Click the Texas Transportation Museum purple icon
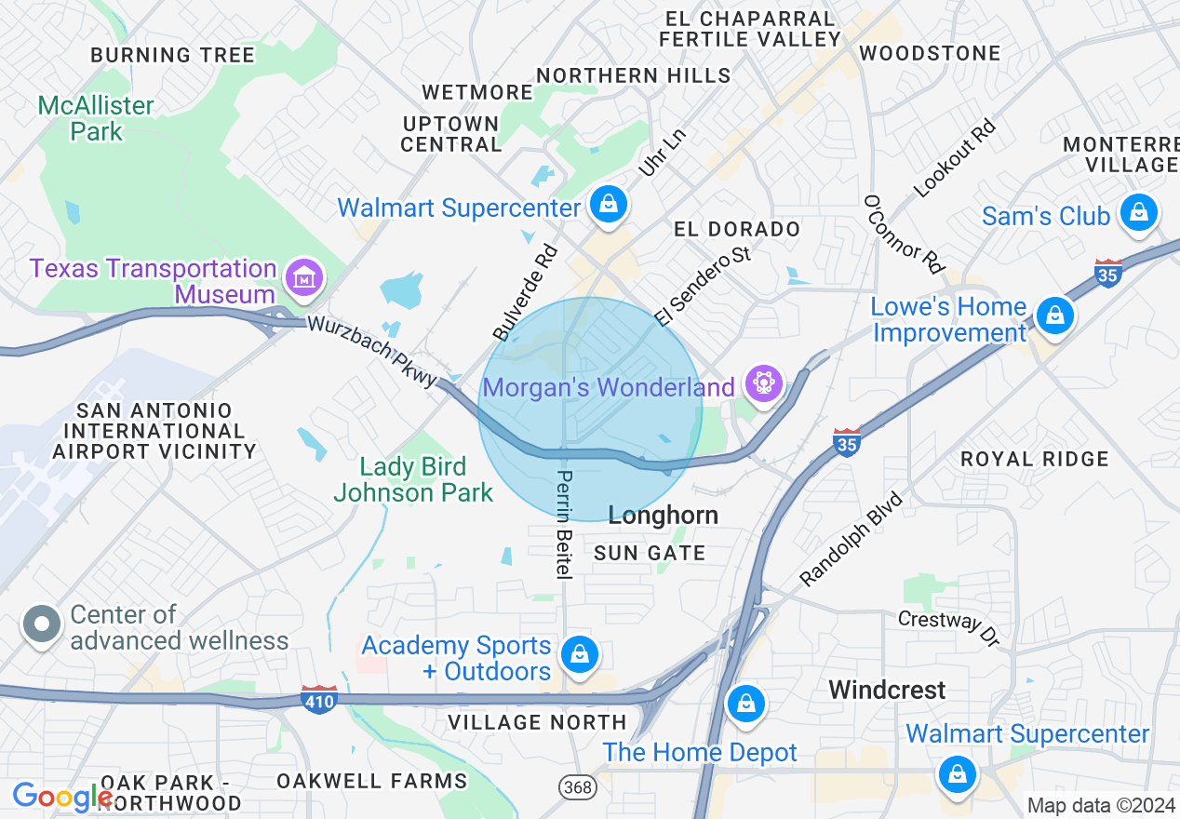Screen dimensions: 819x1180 tap(304, 276)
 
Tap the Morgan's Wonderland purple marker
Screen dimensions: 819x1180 tap(763, 383)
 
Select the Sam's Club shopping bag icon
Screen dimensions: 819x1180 tap(1137, 213)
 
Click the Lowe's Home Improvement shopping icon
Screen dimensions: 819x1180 tap(1054, 316)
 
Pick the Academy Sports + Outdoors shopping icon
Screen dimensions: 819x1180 tap(580, 653)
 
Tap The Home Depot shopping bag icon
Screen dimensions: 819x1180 tap(746, 704)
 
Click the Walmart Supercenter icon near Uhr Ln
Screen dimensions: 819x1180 tap(609, 203)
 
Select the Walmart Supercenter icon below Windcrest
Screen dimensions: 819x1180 tap(957, 772)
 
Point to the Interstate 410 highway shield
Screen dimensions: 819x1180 tap(318, 700)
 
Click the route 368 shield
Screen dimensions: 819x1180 tap(577, 787)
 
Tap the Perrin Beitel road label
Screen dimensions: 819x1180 tap(564, 524)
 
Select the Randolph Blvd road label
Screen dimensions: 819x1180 tap(851, 540)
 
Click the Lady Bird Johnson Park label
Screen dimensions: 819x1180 tap(413, 479)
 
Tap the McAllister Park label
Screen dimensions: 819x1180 tap(96, 118)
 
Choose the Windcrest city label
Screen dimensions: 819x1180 tap(887, 690)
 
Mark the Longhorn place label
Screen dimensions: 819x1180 tap(663, 515)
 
